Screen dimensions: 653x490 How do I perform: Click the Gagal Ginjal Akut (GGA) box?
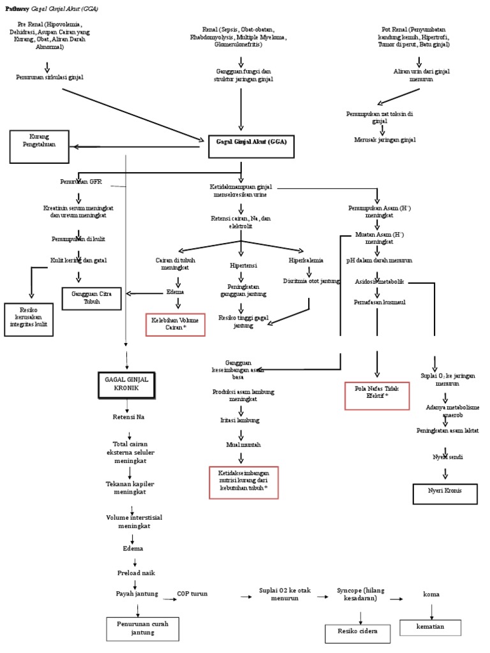click(251, 146)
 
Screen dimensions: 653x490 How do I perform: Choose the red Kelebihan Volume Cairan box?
click(175, 325)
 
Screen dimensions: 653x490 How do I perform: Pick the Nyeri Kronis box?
click(445, 493)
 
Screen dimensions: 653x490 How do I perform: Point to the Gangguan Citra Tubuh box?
click(91, 298)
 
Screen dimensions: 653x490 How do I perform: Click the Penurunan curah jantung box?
click(142, 629)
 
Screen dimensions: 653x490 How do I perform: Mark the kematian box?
click(430, 627)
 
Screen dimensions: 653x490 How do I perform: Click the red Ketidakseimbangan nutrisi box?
click(243, 482)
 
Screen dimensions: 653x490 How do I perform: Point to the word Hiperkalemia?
click(306, 260)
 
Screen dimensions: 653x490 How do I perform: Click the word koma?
click(431, 594)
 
